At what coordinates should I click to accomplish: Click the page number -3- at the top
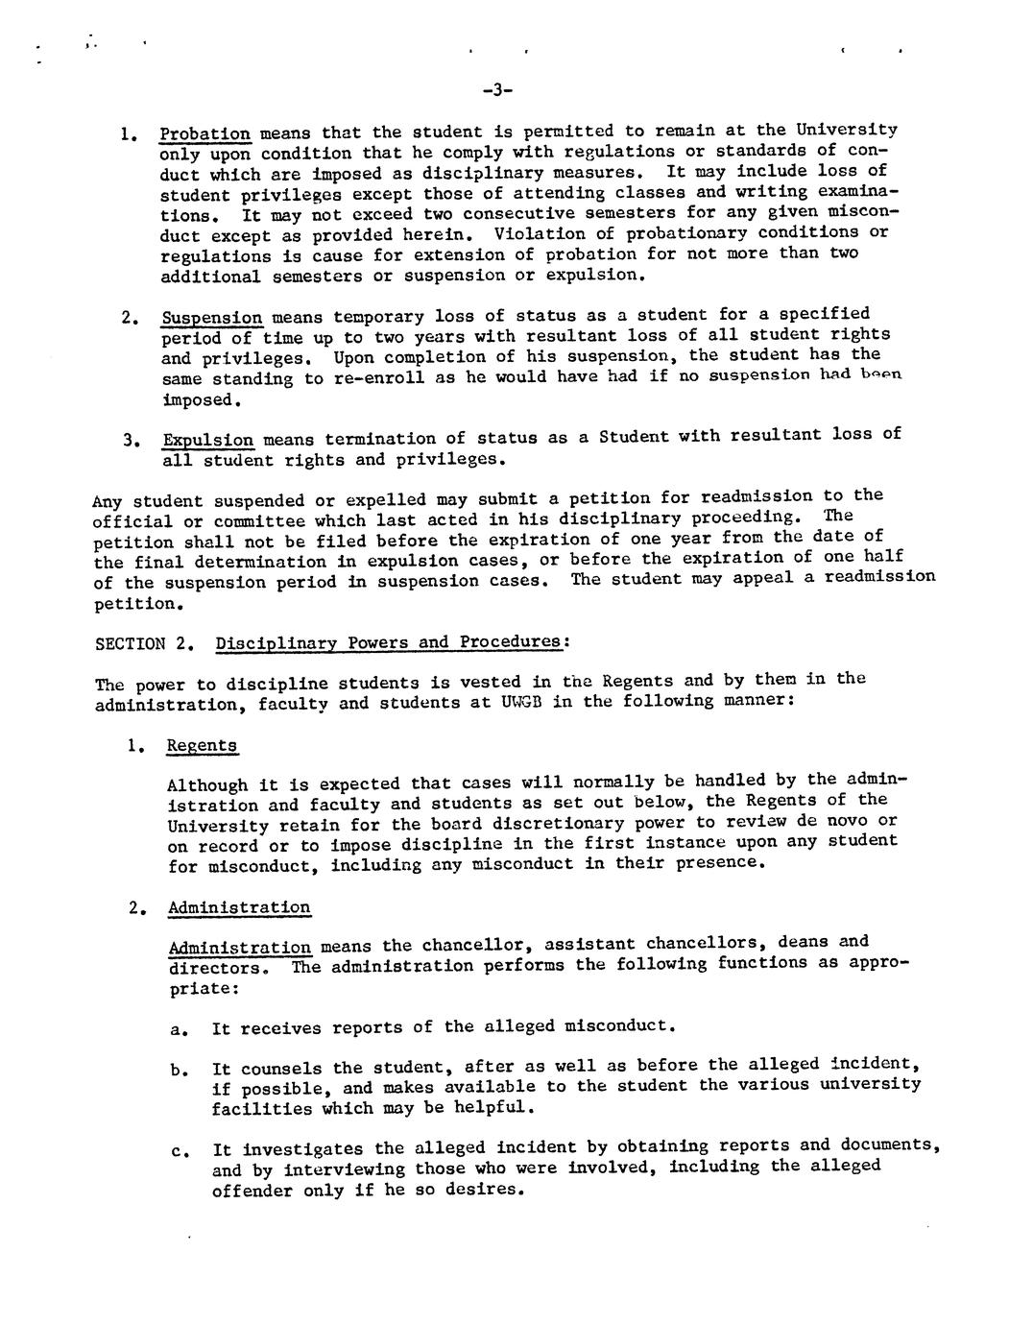(x=497, y=90)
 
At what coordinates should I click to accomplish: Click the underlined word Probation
(x=204, y=133)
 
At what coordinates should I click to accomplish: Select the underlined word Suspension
(x=211, y=318)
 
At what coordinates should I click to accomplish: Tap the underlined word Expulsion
(x=208, y=441)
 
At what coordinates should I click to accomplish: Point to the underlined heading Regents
(x=202, y=746)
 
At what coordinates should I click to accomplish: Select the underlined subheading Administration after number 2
(x=239, y=907)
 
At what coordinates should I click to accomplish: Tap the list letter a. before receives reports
(x=177, y=1030)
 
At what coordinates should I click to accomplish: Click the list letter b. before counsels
(x=177, y=1070)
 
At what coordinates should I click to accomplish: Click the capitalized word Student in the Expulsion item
(x=632, y=437)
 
